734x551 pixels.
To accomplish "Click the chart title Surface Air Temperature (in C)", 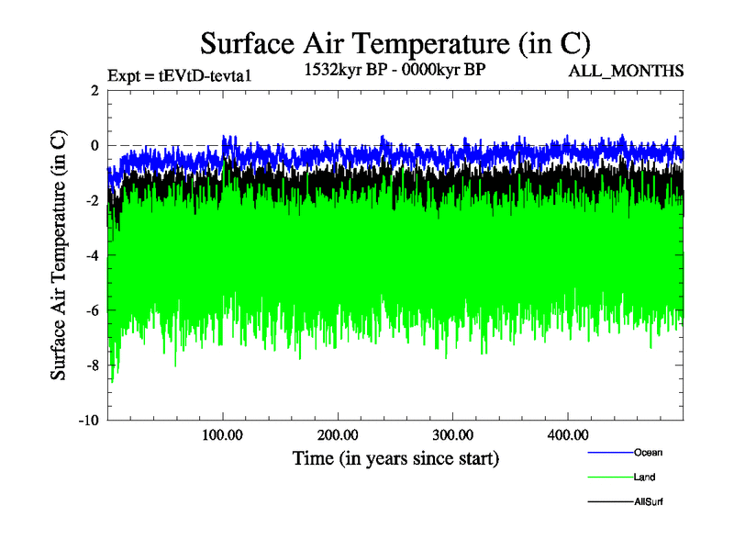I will point(395,42).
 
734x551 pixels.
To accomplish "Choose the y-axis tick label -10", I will point(88,421).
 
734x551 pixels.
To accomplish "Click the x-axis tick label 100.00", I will point(223,434).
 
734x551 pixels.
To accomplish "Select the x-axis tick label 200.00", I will point(338,434).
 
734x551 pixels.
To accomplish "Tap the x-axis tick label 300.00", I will point(452,434).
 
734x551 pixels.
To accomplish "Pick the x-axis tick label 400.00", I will point(567,434).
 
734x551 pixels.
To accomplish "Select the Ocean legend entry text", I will point(648,452).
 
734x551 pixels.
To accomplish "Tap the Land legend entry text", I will point(644,477).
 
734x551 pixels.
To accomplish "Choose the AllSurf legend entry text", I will point(648,501).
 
